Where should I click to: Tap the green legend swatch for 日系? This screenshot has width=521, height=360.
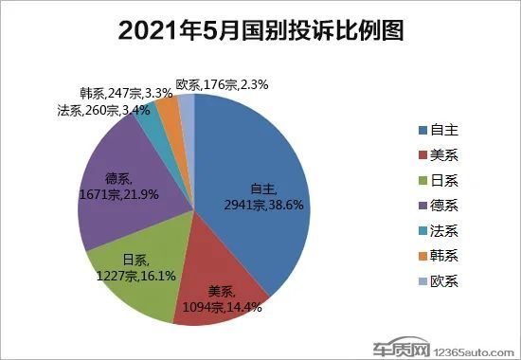point(422,181)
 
